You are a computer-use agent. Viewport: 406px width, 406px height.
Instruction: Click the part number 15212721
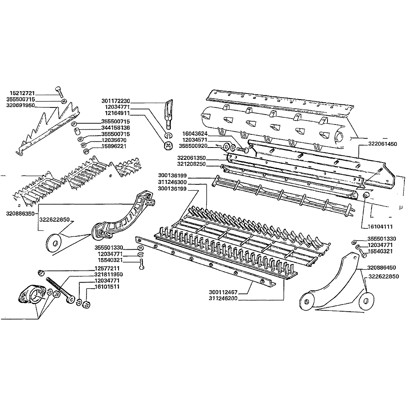(22, 93)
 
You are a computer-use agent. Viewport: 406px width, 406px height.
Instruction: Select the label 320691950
(21, 105)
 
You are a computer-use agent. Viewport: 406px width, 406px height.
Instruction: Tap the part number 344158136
(115, 128)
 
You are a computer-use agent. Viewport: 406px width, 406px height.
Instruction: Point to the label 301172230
(116, 101)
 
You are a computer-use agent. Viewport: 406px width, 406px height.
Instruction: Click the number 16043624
(195, 134)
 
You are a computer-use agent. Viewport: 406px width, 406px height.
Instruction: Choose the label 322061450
(383, 144)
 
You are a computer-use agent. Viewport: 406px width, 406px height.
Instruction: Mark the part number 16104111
(380, 226)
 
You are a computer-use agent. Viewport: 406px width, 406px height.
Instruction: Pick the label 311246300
(172, 182)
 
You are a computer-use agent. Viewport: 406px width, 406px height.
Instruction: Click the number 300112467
(223, 292)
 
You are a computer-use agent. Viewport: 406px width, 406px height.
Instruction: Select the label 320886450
(382, 268)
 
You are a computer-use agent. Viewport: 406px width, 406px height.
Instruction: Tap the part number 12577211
(107, 268)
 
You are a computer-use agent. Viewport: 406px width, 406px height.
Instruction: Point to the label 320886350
(20, 214)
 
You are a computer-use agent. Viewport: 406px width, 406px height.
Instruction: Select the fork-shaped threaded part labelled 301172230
(169, 114)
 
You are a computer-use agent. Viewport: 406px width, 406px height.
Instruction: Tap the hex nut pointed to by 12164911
(168, 146)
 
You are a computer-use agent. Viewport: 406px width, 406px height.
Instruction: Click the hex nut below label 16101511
(86, 304)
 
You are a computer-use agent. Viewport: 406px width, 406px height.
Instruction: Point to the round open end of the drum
(341, 137)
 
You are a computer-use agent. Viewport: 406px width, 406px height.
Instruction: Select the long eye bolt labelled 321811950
(61, 290)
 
